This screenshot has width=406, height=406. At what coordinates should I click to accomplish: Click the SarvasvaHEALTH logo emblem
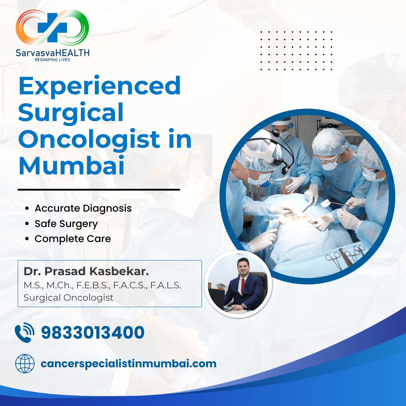click(x=52, y=27)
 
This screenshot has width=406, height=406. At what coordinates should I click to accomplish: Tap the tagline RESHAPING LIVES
click(x=52, y=59)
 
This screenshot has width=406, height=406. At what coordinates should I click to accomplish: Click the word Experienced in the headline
click(x=100, y=86)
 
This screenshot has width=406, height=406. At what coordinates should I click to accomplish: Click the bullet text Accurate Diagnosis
click(x=83, y=208)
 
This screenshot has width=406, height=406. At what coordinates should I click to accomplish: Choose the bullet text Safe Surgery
click(x=66, y=224)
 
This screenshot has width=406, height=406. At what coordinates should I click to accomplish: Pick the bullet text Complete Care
click(x=73, y=239)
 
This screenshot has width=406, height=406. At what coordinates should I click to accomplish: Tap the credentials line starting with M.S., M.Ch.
click(x=102, y=285)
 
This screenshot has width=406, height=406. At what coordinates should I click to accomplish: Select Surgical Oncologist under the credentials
click(x=68, y=298)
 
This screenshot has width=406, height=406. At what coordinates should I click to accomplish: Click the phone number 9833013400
click(x=92, y=333)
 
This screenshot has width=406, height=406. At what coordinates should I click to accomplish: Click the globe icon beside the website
click(x=25, y=364)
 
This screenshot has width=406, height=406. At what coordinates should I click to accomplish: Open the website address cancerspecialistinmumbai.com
click(x=128, y=364)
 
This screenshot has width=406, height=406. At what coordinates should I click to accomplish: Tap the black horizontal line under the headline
click(x=99, y=190)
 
